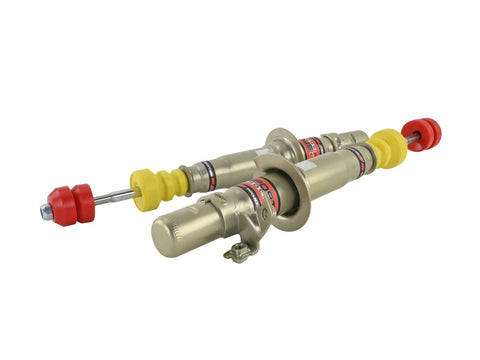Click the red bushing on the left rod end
tap(70, 204)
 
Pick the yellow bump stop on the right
tap(387, 148)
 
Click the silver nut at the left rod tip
tap(47, 211)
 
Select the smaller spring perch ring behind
tap(281, 145)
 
